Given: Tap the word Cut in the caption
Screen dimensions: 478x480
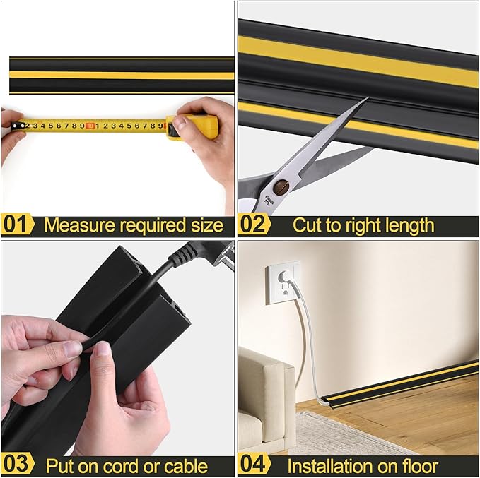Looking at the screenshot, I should (x=307, y=226).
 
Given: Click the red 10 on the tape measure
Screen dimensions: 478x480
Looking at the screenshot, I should (x=90, y=126).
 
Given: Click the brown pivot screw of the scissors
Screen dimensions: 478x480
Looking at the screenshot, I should (x=281, y=188).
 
